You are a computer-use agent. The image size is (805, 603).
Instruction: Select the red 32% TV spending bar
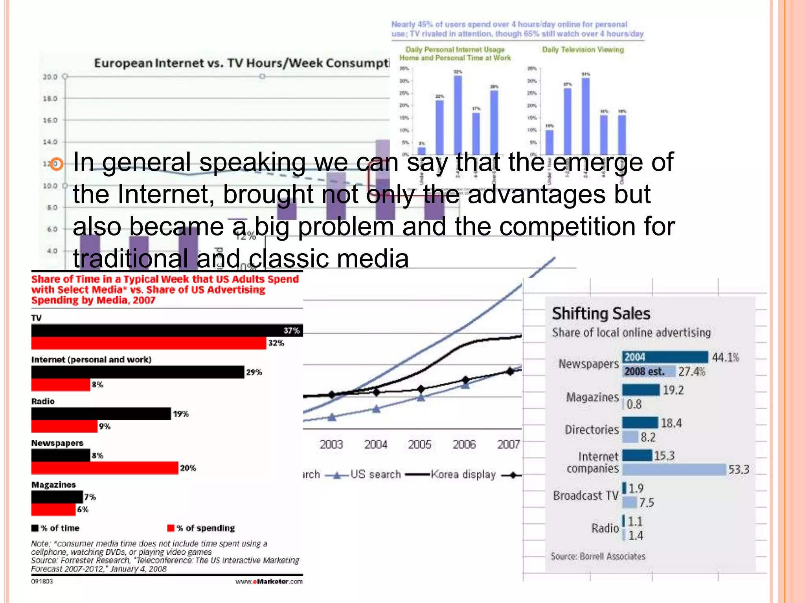click(149, 343)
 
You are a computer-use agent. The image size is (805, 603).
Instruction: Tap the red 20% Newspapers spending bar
click(105, 468)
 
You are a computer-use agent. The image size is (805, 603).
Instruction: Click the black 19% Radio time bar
click(101, 414)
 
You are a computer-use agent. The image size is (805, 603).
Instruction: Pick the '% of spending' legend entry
click(201, 528)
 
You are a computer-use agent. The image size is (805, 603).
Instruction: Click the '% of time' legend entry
click(56, 528)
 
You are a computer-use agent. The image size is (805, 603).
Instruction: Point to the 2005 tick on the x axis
click(420, 444)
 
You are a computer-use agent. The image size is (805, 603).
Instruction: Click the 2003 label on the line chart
click(331, 444)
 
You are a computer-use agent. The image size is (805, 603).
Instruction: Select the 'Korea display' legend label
click(463, 475)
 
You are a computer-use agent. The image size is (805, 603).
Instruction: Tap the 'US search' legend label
click(375, 475)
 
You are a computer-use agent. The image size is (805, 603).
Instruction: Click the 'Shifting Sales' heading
click(601, 314)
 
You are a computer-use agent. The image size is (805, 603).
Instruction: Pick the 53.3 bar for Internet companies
click(674, 470)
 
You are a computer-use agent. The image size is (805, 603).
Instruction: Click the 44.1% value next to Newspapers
click(725, 357)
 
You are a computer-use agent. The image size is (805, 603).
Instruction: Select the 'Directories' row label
click(592, 430)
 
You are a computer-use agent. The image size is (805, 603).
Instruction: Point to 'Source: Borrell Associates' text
click(598, 556)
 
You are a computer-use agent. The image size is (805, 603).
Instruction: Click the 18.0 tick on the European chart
click(50, 99)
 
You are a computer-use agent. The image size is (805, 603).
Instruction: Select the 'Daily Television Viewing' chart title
click(583, 49)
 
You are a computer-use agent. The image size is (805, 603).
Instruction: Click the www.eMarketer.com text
click(269, 581)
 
